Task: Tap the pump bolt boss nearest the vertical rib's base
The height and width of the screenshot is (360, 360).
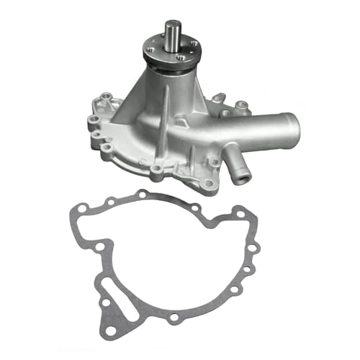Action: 156,170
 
